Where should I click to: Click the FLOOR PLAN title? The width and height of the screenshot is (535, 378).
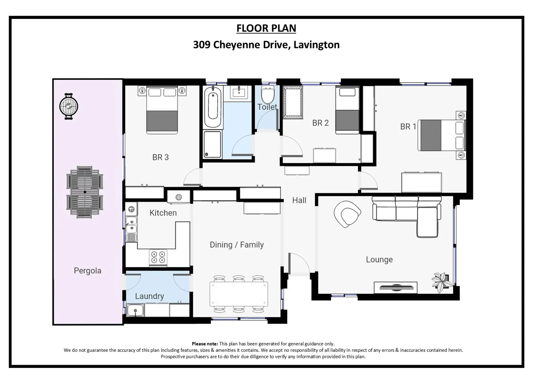266,28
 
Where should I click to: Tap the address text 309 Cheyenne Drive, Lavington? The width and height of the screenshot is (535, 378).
266,45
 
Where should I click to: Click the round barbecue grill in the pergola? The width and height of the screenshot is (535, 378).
69,106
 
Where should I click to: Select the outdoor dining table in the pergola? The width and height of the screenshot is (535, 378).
85,192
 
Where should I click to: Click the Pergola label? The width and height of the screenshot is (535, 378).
88,271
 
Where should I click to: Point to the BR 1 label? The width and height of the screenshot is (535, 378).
408,126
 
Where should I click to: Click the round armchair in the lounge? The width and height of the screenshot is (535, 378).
347,213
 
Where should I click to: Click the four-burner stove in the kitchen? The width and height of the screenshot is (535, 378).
158,257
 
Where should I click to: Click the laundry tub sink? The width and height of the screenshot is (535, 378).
135,310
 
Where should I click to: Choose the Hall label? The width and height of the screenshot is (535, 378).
299,200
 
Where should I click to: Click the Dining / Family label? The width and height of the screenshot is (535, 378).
237,245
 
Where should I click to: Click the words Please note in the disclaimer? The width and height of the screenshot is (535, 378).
205,344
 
